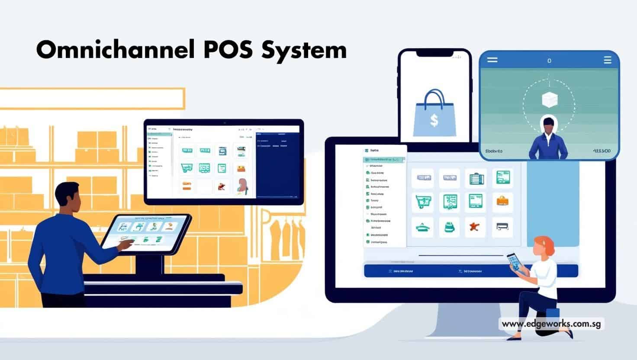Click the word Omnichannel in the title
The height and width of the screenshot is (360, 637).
115,50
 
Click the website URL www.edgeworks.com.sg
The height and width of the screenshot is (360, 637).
551,324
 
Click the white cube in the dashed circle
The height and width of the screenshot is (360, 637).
549,100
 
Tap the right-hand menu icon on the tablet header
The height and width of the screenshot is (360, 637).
607,60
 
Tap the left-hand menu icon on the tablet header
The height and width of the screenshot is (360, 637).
492,60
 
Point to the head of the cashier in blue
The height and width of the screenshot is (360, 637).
67,197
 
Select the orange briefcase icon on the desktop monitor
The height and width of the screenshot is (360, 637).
502,200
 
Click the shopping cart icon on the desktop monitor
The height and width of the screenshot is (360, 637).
422,202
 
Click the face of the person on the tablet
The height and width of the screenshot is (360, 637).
548,127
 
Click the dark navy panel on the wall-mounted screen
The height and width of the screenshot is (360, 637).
277,164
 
